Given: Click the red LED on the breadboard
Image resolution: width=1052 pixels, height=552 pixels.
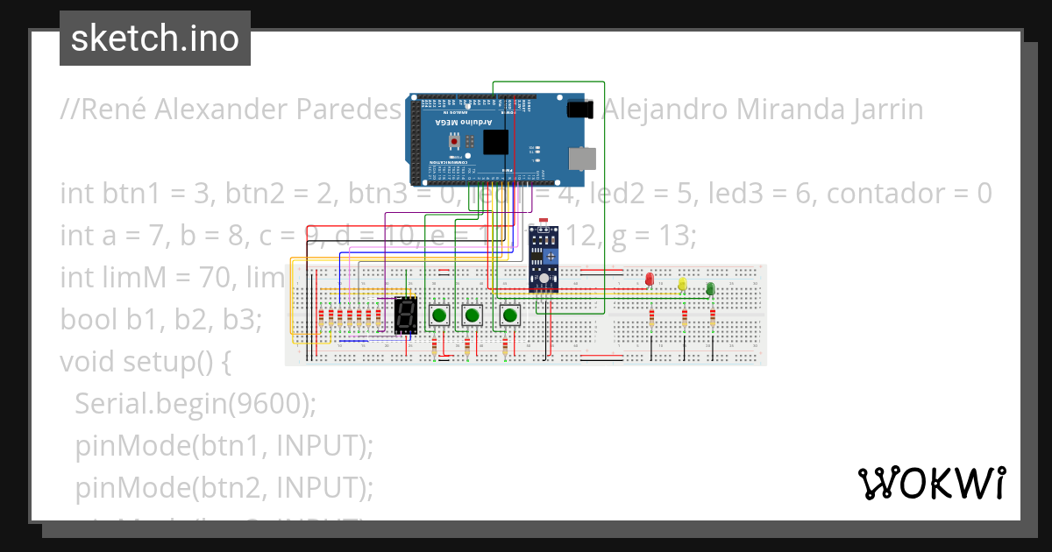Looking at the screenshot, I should tap(649, 280).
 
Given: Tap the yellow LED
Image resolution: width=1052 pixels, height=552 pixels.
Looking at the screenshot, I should tap(682, 284).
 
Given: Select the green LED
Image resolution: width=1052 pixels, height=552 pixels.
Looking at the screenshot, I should tap(710, 288).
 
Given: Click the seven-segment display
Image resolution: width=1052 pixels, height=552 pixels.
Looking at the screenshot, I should tap(406, 315).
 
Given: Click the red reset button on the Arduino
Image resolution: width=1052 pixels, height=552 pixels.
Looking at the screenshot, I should tap(454, 141).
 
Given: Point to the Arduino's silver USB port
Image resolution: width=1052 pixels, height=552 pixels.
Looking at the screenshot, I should tap(582, 158).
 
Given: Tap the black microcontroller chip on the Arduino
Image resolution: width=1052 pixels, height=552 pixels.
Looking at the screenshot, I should tap(495, 142).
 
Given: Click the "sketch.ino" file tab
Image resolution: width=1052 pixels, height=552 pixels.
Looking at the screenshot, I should tap(155, 39).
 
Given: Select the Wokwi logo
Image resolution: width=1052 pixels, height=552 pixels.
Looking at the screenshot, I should tap(931, 483).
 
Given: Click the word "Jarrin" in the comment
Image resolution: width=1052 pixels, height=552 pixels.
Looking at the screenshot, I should tap(877, 110).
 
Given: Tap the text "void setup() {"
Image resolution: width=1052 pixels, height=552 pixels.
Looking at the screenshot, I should tap(145, 361).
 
